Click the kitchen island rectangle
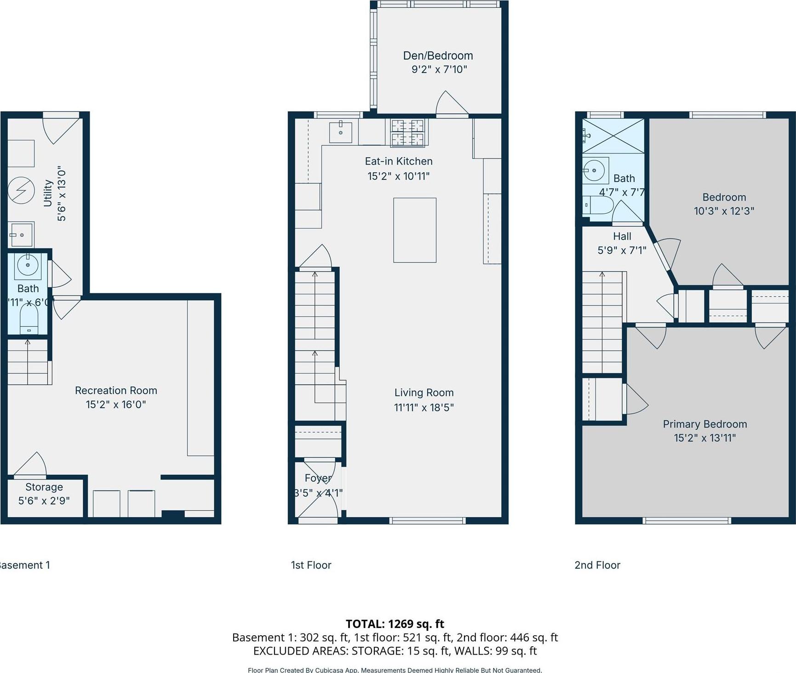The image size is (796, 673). point(414,230)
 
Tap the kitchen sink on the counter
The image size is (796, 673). point(341,132)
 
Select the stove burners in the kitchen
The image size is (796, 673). point(407,132)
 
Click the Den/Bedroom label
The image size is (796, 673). point(438,56)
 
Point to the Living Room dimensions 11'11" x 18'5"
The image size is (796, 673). point(424,407)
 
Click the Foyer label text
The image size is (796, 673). point(318,478)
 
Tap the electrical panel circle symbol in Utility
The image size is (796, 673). point(21,190)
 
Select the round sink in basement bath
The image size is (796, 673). point(28,265)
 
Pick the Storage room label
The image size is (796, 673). point(44,487)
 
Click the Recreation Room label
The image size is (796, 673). point(116,390)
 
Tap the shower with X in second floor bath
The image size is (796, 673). point(613,136)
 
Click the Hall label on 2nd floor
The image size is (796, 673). point(622,236)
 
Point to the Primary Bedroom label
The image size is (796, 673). point(704,424)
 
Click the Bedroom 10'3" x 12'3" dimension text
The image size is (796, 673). point(724,211)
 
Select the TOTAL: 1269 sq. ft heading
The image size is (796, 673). point(395,624)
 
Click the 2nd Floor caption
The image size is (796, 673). point(597,565)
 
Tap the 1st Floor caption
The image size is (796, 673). point(311,565)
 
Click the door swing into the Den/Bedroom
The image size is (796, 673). point(452,103)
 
